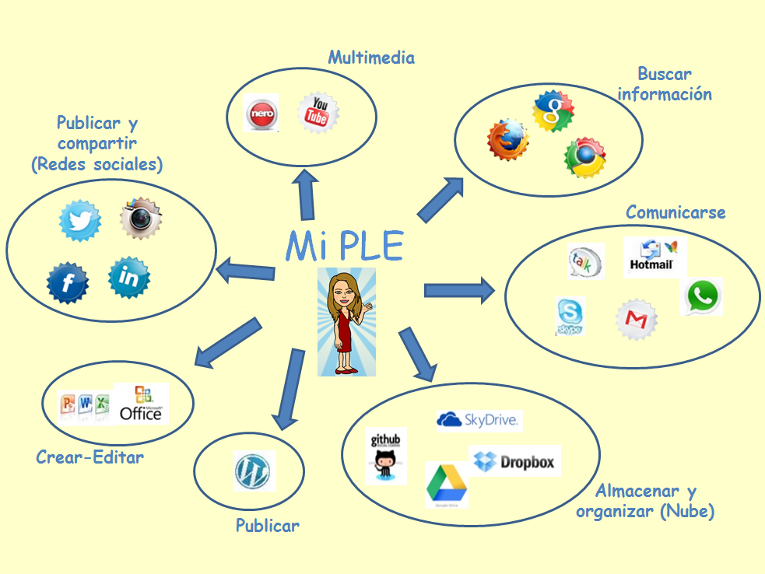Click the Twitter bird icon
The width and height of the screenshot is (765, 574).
[80, 221]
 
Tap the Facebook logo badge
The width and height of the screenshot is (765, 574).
[68, 282]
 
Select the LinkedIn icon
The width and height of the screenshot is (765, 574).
[128, 277]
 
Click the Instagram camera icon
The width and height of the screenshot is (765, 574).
[141, 219]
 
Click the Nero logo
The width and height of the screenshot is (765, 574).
[260, 114]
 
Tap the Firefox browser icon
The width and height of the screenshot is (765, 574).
[507, 140]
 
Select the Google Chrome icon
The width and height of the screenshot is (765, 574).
[585, 158]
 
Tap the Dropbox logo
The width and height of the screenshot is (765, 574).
[514, 461]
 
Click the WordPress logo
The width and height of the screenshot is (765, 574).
[254, 471]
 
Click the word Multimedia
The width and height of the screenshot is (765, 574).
[371, 58]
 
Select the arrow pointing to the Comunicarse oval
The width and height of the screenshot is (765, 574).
[459, 291]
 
